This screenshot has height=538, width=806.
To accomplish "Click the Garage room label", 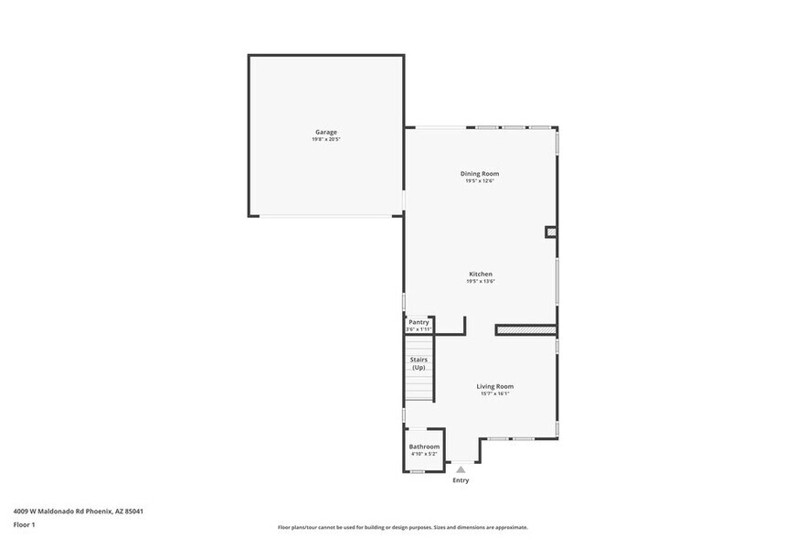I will coord(326,132).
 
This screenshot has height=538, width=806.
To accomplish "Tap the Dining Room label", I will coord(479,173).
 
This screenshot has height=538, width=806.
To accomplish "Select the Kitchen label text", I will coord(481,274).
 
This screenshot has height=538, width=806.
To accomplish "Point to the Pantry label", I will coord(419,322).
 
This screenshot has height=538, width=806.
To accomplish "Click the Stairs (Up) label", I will coord(419,363).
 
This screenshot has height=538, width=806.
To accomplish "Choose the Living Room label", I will coord(494,386).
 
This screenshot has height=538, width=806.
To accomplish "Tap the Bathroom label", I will coord(424,447).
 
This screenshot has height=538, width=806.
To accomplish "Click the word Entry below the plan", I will coord(461,480).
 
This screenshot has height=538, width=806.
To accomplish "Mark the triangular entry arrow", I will coord(461,469).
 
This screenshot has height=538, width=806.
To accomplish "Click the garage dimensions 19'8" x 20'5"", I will coord(326,139).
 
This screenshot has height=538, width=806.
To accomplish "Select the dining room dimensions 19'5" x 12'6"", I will coord(479,181).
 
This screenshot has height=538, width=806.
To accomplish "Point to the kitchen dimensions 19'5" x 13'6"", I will coord(481,282).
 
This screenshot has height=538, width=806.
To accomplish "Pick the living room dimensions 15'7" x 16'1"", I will coord(494,393).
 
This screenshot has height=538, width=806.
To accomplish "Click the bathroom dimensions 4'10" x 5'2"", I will coord(424,454).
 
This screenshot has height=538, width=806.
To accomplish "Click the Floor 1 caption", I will coord(24,524).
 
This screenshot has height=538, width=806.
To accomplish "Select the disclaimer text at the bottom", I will coord(402,528).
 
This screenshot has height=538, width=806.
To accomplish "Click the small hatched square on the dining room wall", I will coord(551,232).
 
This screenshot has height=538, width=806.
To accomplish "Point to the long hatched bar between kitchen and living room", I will coord(526,329).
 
